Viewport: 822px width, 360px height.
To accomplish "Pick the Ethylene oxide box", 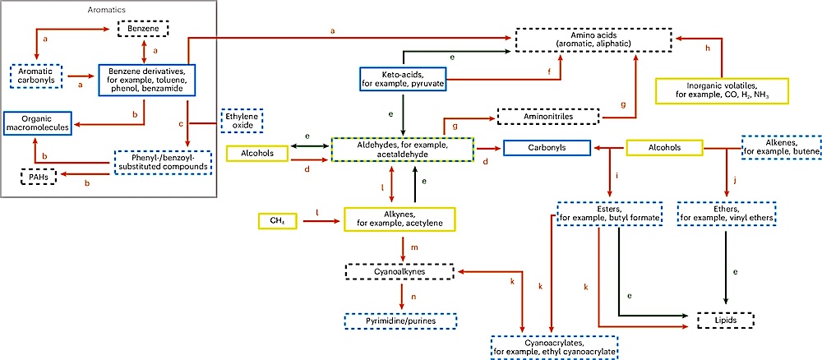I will [241, 122].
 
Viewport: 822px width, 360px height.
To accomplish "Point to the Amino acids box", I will [593, 39].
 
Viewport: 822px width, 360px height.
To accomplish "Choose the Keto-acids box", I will [402, 79].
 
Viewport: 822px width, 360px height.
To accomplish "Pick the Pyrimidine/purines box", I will [401, 321].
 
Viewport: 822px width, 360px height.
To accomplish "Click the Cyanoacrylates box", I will [553, 346].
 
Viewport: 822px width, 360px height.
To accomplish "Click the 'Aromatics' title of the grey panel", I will [108, 9].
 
